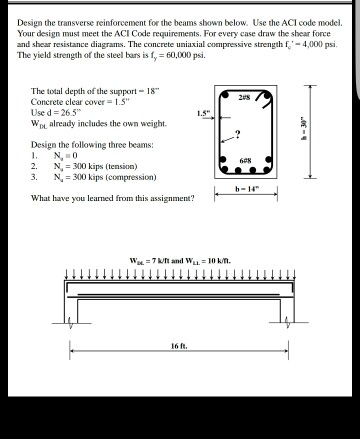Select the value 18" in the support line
click(139, 97)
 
